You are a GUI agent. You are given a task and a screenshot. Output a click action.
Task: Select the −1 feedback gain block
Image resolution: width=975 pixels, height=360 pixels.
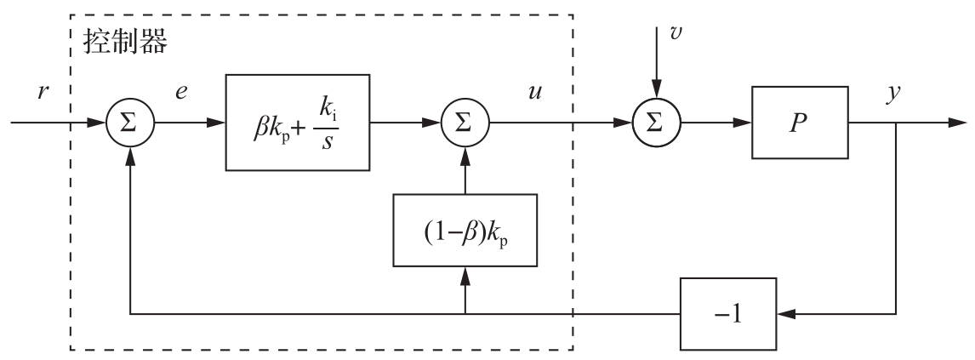pyautogui.click(x=728, y=314)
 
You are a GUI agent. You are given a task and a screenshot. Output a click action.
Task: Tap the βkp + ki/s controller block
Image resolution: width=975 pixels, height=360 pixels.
pyautogui.click(x=297, y=122)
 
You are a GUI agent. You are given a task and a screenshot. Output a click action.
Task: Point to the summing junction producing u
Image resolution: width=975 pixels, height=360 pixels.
pyautogui.click(x=465, y=123)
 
